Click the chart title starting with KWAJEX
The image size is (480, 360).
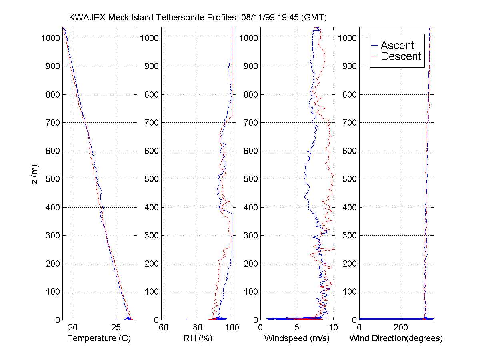[198, 18]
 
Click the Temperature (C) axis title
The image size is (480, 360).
[99, 338]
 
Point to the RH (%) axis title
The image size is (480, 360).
[198, 338]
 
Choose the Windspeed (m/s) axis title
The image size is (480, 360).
[297, 338]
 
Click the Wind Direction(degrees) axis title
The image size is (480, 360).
[396, 338]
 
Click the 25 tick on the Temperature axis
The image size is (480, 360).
[115, 327]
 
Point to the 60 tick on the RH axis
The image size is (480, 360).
[164, 327]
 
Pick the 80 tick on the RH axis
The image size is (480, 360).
[198, 327]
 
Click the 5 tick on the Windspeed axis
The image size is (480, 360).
[297, 327]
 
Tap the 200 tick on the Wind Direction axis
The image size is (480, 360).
[401, 327]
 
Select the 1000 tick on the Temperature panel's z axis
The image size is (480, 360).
[50, 38]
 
